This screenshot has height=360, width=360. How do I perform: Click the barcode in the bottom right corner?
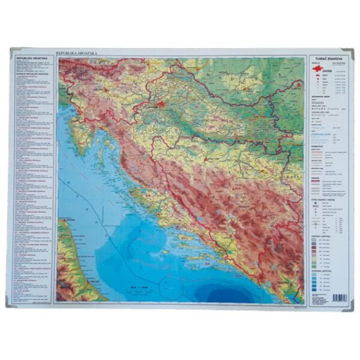pyautogui.click(x=338, y=296)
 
